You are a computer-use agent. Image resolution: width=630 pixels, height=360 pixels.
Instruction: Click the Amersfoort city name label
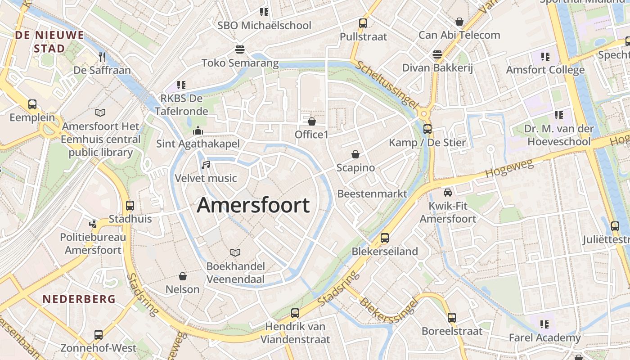(253, 206)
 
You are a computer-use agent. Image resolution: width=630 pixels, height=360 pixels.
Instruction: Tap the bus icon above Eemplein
(32, 104)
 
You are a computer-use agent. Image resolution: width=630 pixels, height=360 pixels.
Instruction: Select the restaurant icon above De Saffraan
(102, 57)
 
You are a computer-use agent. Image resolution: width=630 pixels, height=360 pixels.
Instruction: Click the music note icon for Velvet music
(206, 165)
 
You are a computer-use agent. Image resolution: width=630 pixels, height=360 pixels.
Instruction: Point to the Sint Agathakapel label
(198, 144)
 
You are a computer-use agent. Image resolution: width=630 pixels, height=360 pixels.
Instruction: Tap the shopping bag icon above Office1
(311, 121)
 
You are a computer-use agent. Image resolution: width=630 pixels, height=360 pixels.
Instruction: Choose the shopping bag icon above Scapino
(355, 154)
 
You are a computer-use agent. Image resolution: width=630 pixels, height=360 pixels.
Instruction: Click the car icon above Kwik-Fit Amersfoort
(448, 193)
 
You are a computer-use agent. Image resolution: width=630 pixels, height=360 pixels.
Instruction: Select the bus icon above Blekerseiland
(385, 238)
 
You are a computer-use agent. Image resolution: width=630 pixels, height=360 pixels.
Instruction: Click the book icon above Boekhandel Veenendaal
(235, 252)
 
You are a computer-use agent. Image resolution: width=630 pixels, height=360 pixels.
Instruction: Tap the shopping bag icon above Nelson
(183, 276)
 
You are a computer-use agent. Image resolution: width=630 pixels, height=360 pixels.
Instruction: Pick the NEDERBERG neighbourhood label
(79, 299)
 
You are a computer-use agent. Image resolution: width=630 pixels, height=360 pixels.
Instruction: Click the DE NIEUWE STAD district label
(49, 41)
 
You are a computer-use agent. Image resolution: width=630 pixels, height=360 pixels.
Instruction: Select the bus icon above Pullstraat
(363, 23)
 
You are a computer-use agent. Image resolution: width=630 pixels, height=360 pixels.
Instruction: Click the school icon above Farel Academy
(545, 324)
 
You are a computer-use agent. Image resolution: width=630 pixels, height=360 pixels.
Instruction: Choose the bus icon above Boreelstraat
(452, 318)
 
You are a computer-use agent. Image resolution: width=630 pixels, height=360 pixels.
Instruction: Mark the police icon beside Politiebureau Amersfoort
(93, 223)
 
